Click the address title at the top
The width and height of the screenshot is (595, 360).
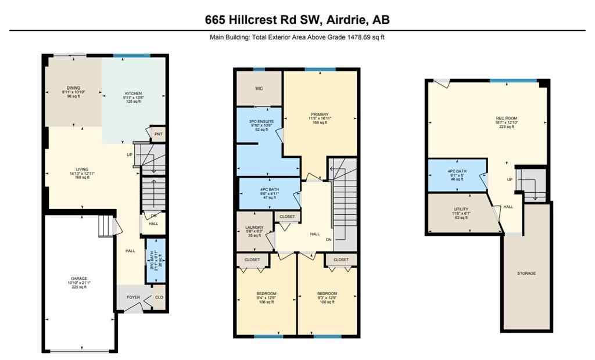(297, 19)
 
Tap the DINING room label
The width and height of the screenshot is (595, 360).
(73, 92)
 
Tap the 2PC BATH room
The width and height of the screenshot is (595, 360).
(155, 261)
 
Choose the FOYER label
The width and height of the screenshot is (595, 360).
(134, 297)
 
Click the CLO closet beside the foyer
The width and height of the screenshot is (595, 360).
(159, 297)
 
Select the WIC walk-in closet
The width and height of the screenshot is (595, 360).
(259, 89)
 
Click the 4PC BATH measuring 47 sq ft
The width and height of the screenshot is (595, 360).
(268, 193)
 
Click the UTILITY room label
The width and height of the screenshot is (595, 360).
(461, 213)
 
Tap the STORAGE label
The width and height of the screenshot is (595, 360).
(526, 273)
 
